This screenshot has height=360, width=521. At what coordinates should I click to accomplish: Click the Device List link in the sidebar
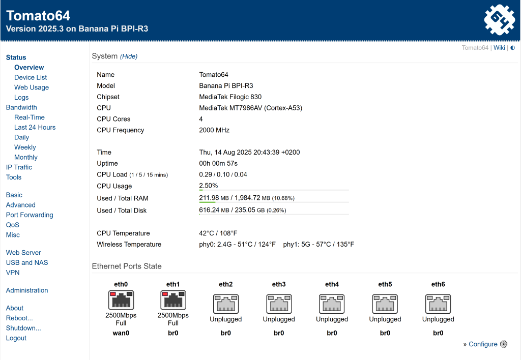point(31,77)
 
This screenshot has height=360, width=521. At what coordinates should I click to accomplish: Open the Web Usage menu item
point(32,87)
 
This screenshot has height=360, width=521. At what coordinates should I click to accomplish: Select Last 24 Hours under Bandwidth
point(35,127)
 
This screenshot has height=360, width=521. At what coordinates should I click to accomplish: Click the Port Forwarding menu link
point(30,215)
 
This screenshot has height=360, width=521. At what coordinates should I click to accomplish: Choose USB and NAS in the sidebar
point(27,262)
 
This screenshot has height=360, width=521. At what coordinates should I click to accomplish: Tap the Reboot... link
point(19,318)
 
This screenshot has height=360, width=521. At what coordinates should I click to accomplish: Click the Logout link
point(16,338)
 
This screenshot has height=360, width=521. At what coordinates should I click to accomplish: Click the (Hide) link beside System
point(129,56)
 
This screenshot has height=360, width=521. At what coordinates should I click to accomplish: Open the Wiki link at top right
point(499,48)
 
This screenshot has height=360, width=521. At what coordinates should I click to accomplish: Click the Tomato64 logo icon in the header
point(500,20)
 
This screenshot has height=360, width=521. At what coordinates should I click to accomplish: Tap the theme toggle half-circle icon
point(513,48)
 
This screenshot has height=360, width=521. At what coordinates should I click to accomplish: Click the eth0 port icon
point(121,300)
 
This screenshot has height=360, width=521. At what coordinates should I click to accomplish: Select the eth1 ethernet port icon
point(173,300)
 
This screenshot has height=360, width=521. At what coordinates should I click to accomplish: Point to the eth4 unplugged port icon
point(332,304)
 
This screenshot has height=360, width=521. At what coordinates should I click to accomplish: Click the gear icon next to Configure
point(504,344)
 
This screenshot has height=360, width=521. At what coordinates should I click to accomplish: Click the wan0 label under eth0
point(121,333)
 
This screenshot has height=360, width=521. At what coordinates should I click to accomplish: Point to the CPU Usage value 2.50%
point(208,186)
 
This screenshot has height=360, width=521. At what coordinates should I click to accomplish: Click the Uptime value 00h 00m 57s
point(218,163)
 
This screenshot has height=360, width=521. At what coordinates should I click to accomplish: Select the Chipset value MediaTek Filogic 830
point(230,97)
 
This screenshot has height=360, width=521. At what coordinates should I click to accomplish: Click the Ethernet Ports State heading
point(127,266)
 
